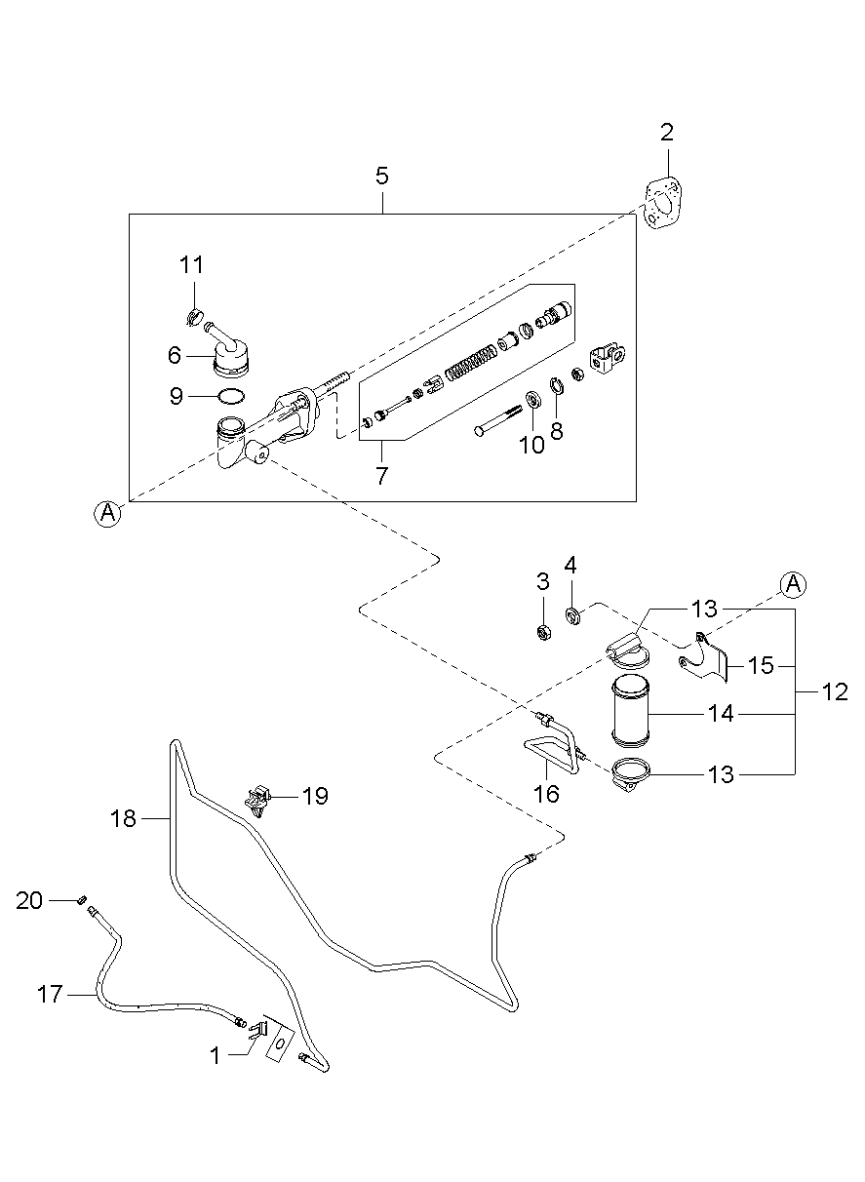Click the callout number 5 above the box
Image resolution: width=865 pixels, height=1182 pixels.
click(381, 177)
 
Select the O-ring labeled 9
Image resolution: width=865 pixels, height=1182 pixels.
click(231, 397)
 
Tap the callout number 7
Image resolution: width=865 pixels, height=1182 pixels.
click(381, 476)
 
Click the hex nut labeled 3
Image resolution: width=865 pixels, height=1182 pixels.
click(543, 632)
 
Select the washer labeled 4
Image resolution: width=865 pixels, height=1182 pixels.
click(572, 615)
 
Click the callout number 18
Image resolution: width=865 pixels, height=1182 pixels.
click(124, 818)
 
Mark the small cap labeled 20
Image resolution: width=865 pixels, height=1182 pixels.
click(82, 897)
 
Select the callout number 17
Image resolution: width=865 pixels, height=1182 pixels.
click(50, 995)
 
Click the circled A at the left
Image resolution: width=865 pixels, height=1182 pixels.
click(108, 513)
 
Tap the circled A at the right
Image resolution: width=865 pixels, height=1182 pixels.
click(793, 583)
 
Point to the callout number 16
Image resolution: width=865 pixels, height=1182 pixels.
click(546, 794)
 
